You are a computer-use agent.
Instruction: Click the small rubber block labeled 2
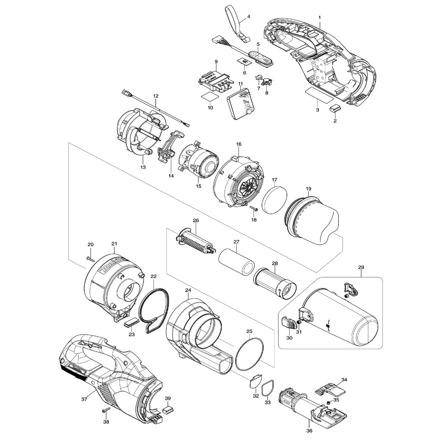pos(336,108)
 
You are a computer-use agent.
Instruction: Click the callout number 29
pos(361,268)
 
